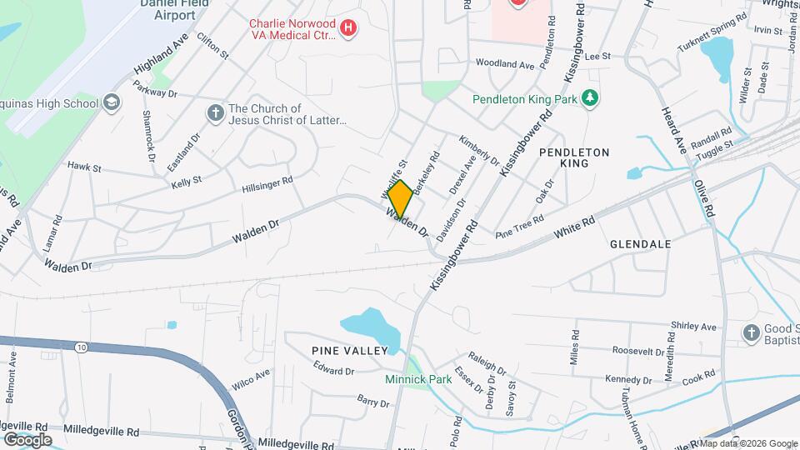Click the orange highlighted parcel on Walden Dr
click(400, 198)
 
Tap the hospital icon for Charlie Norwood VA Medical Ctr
click(349, 28)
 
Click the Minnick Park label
click(417, 379)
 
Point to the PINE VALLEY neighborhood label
click(350, 351)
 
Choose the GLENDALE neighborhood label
click(640, 244)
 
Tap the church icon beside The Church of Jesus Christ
click(215, 113)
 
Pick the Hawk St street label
click(84, 167)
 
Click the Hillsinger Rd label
click(267, 184)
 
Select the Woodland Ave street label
click(504, 63)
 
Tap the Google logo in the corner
click(27, 439)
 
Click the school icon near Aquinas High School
click(111, 103)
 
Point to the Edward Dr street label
click(334, 371)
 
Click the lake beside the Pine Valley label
click(367, 326)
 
